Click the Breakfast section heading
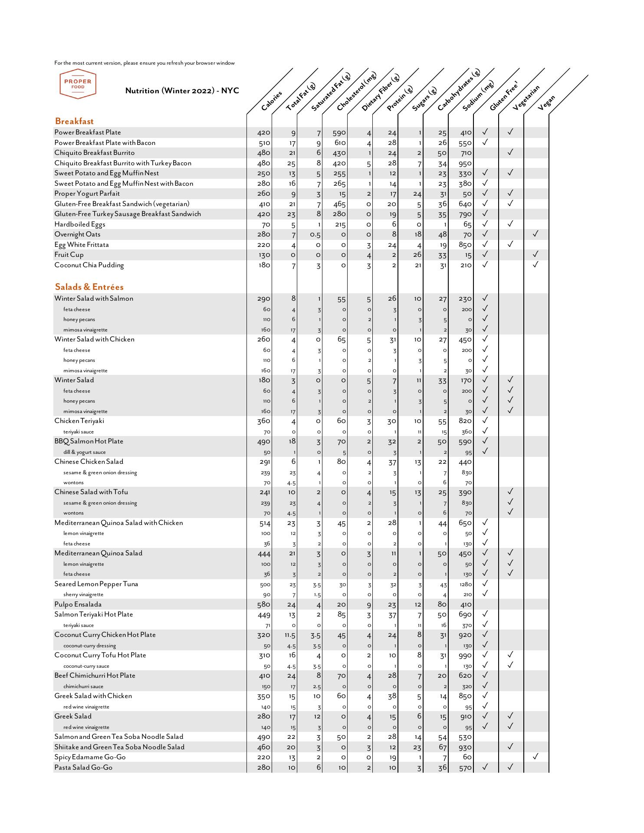74,121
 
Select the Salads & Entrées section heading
89,287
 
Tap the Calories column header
272,100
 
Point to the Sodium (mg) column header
478,96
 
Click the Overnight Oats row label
77,235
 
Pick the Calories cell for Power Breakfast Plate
263,133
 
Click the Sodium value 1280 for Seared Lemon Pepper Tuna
465,584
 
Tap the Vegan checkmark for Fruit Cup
536,254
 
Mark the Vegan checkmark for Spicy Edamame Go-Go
536,757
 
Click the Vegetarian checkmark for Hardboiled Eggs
510,224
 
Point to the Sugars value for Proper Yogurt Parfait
417,194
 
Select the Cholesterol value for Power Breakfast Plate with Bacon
340,143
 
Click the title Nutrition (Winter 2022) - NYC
182,91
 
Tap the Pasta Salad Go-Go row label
83,767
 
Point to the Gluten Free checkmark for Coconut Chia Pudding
485,264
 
